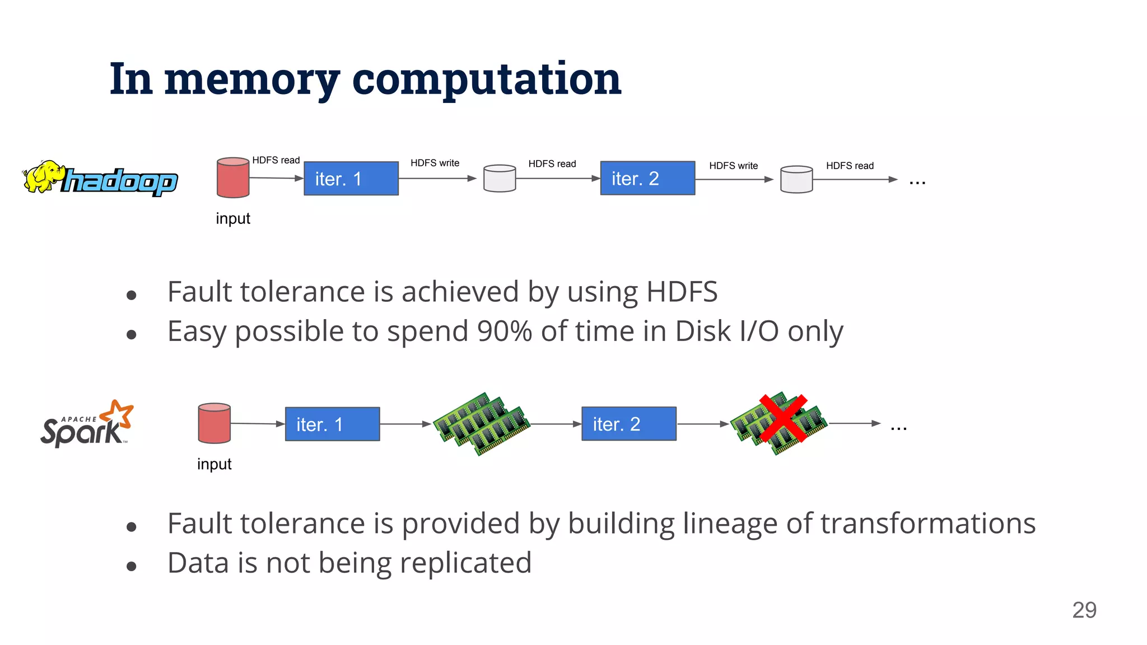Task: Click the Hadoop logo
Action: point(101,178)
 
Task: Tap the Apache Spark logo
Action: point(87,424)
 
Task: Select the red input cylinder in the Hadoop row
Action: point(233,177)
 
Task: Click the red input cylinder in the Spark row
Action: point(215,423)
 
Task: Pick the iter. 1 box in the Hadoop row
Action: point(351,179)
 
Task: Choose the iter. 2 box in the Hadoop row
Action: point(647,178)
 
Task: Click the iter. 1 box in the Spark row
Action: point(332,424)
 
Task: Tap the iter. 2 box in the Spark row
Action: point(629,424)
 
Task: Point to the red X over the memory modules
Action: point(783,418)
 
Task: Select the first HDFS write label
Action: point(435,163)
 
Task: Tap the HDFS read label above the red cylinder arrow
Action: point(276,160)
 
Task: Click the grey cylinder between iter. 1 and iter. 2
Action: point(500,179)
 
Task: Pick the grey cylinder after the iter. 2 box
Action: point(796,180)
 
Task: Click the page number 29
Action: point(1084,610)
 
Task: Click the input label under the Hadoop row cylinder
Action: point(233,218)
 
